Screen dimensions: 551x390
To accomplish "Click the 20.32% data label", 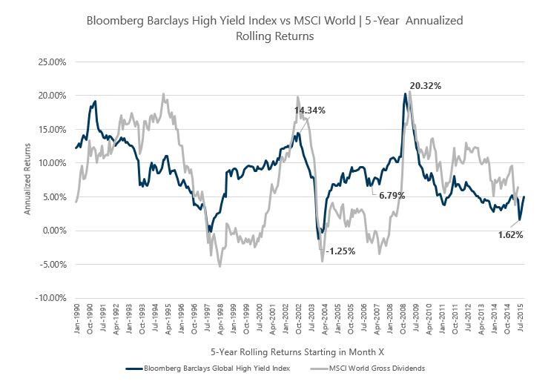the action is tap(425, 86).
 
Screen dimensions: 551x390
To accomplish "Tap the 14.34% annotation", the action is tap(309, 110).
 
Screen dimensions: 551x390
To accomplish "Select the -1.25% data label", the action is tap(340, 251).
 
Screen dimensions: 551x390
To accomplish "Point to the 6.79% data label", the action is tap(392, 195).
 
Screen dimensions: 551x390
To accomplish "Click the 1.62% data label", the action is tap(511, 235).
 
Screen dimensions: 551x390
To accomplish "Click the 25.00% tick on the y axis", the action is tap(52, 62).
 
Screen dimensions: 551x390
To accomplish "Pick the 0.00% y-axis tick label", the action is tap(54, 231).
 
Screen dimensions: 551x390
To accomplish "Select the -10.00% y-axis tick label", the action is tap(50, 298).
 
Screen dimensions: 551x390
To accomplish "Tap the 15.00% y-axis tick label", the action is tap(52, 130).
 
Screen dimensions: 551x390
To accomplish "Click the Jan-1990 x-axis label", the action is tap(77, 319).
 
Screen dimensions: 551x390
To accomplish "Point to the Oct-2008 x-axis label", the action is tap(403, 319).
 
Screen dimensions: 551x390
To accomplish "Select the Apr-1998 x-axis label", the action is tap(220, 319).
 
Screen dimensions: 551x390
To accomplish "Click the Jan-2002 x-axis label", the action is tap(286, 319).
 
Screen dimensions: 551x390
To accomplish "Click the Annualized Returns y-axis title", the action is tap(27, 179).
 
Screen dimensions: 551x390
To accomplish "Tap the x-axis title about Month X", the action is tap(297, 352).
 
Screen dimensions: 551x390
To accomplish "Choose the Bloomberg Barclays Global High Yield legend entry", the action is tap(208, 368).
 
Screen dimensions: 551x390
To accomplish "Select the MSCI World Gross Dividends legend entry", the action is tap(368, 368).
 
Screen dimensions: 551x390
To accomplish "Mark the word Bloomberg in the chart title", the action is tap(115, 21).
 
